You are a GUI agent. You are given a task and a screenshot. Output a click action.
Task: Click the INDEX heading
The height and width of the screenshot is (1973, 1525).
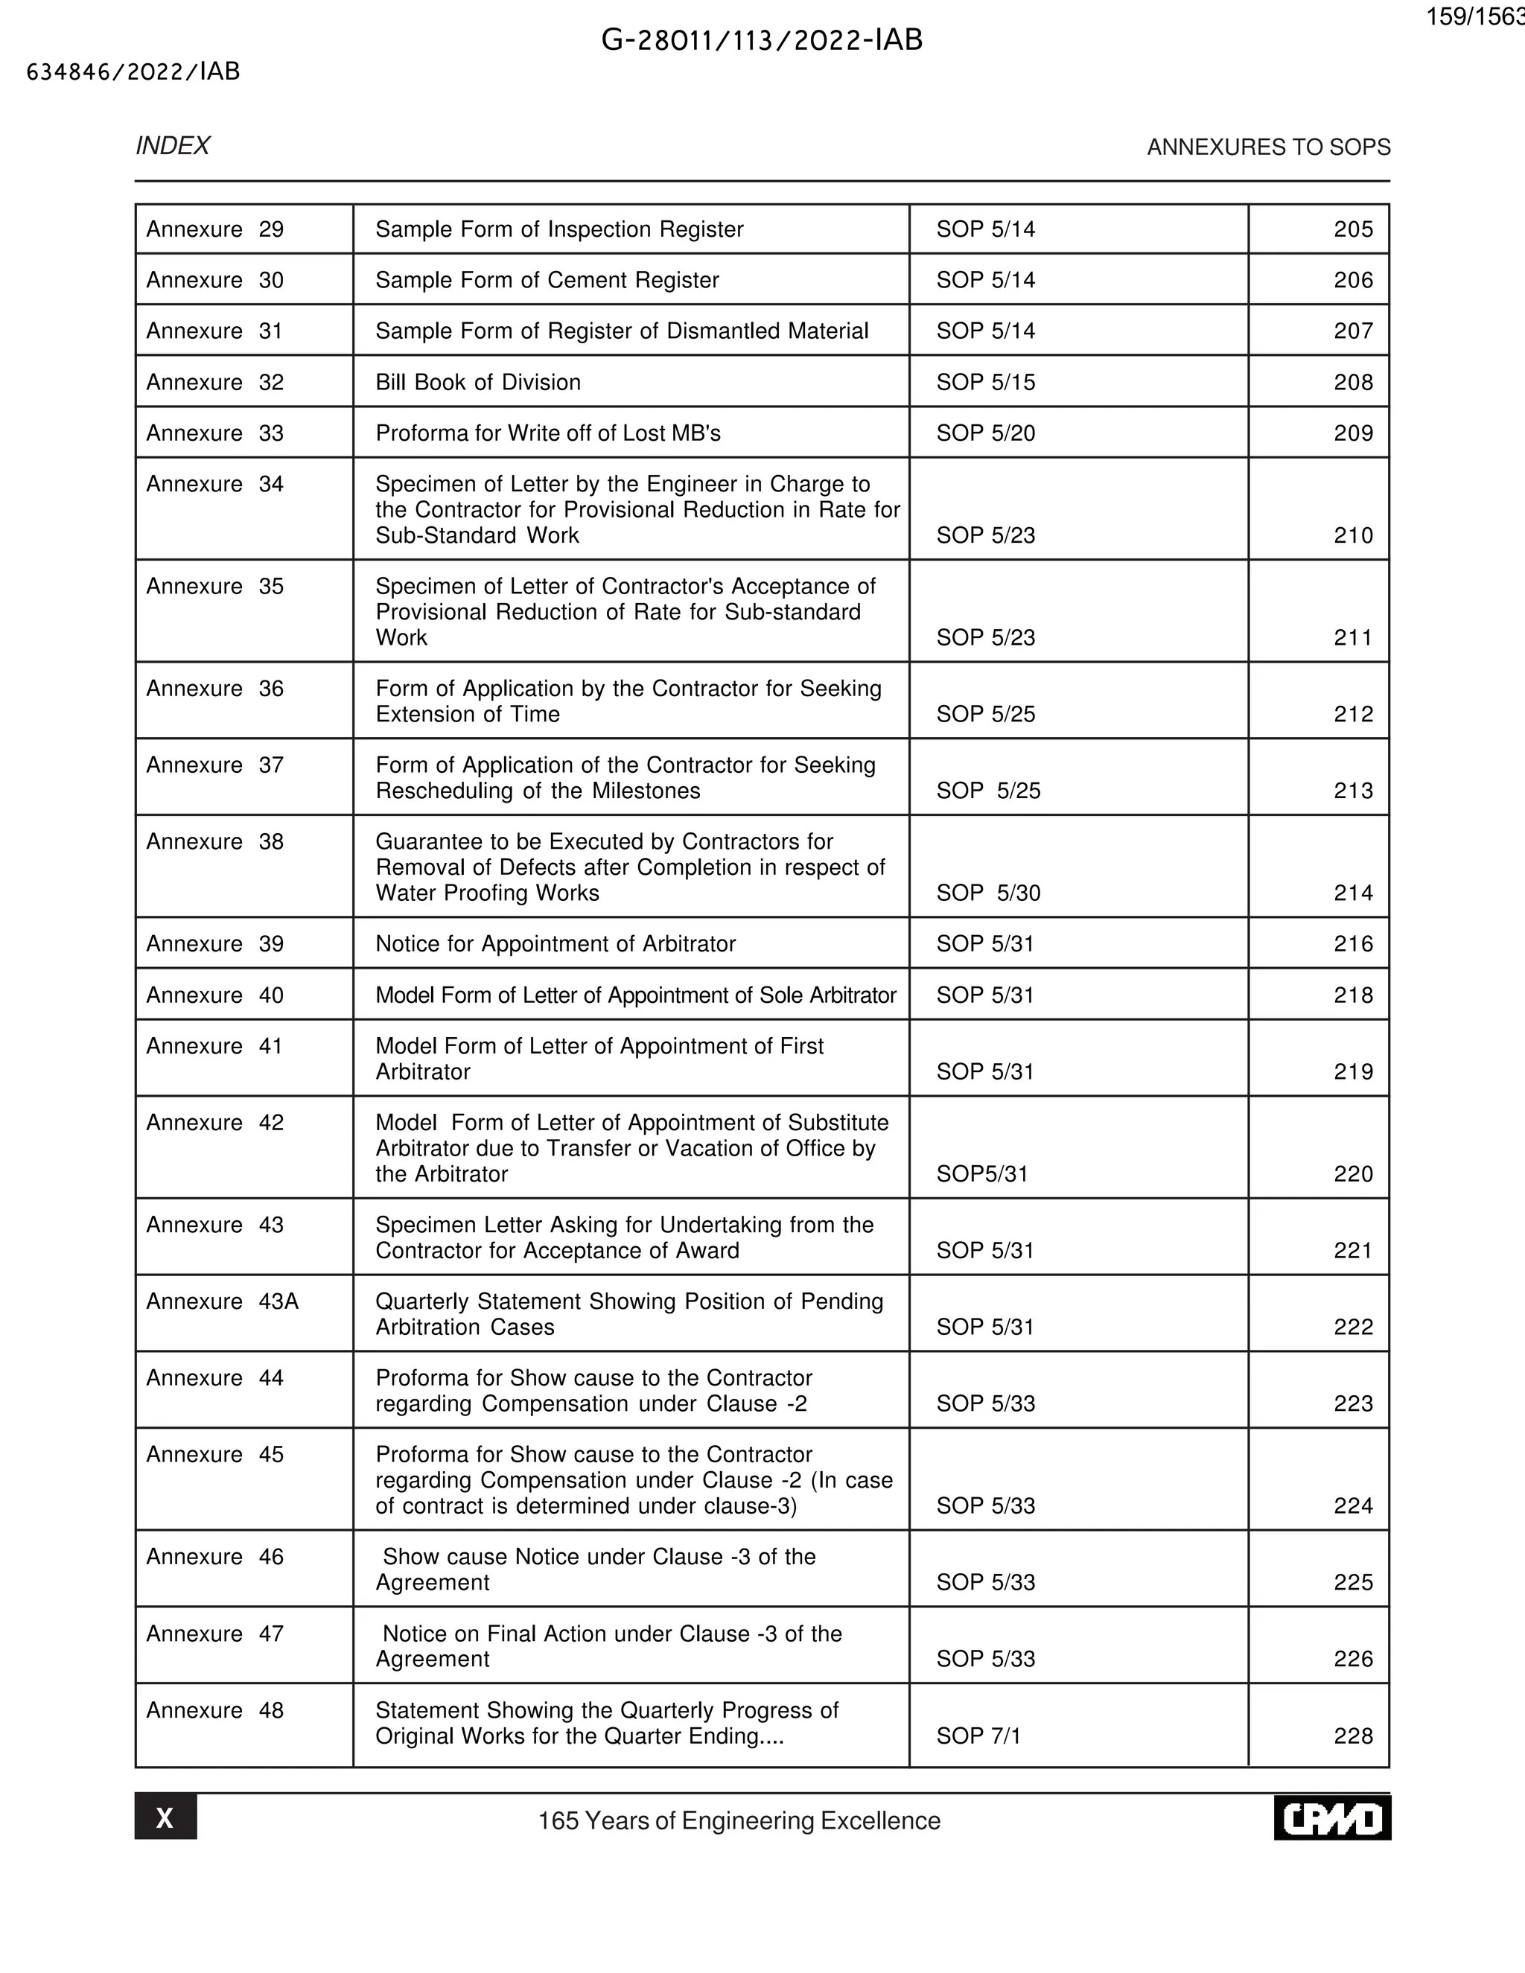click(173, 147)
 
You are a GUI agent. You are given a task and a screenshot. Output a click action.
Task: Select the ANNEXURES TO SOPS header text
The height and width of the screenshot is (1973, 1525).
click(1267, 147)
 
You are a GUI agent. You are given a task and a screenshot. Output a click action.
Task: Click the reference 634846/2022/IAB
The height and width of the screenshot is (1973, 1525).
click(133, 72)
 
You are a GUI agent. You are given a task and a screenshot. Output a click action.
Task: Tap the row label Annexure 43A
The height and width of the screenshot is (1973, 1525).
click(222, 1301)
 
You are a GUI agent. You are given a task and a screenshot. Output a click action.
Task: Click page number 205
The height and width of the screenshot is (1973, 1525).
click(1352, 229)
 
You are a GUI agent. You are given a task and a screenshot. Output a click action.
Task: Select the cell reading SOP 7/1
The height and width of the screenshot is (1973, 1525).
click(978, 1735)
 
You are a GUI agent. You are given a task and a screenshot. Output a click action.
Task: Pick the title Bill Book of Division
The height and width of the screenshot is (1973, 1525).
click(478, 382)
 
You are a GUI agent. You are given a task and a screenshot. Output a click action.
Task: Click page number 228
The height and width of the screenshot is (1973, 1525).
click(1352, 1735)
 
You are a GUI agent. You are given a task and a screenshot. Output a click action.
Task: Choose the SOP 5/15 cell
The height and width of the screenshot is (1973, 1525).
click(986, 382)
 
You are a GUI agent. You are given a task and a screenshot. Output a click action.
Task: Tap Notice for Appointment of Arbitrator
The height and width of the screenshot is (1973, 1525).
click(555, 944)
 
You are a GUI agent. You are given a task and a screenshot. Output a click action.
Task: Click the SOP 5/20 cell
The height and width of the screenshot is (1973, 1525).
click(986, 433)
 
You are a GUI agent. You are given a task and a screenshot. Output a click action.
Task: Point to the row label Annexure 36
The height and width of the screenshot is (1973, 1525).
click(215, 689)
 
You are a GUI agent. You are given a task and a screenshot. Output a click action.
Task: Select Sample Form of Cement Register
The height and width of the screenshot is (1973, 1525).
click(547, 280)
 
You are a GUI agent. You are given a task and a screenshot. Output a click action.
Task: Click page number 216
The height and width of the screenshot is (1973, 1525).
click(1352, 944)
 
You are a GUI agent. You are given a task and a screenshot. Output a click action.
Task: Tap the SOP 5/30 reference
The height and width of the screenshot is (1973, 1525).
click(988, 893)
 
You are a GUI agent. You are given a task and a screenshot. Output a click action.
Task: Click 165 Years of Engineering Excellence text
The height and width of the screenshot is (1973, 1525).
click(739, 1820)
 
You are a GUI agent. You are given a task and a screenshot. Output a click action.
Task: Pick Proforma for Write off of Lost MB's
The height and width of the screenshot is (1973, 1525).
click(547, 433)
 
